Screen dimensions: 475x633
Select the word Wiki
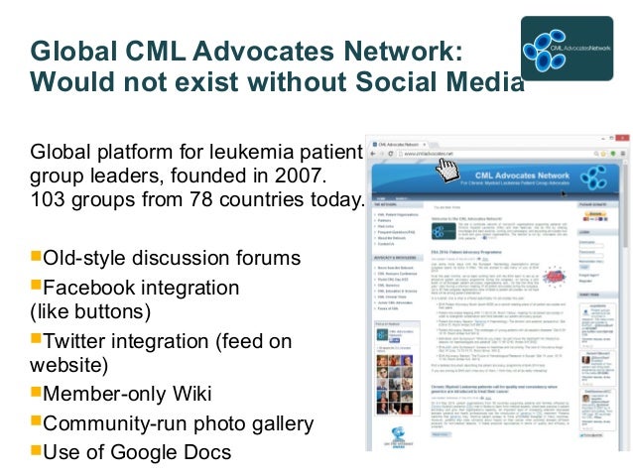[191, 394]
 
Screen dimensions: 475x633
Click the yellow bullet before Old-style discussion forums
[37, 258]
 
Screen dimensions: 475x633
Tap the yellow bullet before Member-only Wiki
[37, 393]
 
